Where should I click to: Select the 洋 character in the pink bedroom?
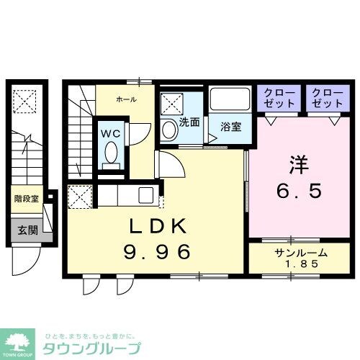298,165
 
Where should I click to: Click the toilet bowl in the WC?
112,153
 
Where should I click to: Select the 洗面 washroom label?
189,122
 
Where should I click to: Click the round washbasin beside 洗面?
168,130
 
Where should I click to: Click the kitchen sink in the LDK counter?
145,195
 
